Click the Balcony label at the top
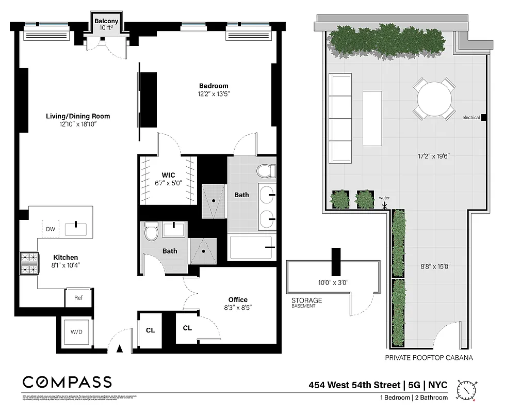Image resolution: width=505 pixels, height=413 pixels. coord(106,21)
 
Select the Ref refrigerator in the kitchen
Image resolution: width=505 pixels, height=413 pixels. coord(78,298)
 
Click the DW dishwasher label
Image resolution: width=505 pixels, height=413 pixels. coord(51,229)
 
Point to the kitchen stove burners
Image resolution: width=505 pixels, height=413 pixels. coord(29,262)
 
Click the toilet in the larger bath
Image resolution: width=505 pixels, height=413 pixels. coord(266,170)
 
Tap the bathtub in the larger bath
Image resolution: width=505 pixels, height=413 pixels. coord(251,247)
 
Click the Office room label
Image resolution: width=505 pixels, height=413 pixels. coord(238,299)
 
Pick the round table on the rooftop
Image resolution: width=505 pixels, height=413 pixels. coord(434,99)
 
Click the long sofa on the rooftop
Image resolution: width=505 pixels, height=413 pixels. coord(340,118)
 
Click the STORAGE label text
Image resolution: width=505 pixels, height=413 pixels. coord(306,300)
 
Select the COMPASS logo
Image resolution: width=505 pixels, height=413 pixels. coord(67,382)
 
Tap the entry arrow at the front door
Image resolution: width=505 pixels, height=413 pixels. coord(120,349)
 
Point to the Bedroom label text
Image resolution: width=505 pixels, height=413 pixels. coord(214,86)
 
